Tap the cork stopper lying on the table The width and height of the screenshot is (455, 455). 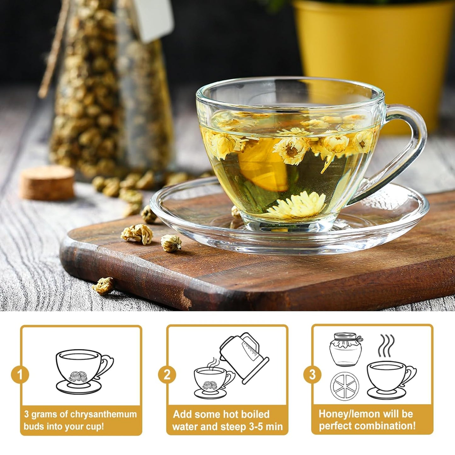pos(47,183)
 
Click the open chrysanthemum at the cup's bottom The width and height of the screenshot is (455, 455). pos(296,206)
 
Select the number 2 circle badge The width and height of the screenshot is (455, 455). pos(167,375)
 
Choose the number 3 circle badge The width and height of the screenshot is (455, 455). pos(312,375)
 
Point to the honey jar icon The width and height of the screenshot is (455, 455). pos(346,350)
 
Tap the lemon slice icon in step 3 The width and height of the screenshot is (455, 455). pos(345,386)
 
